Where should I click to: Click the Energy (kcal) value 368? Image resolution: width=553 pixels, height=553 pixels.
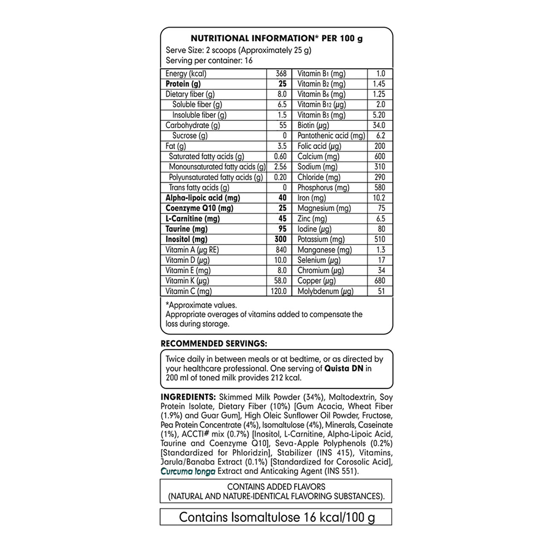[281, 74]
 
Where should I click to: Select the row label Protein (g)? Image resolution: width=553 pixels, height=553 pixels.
[183, 84]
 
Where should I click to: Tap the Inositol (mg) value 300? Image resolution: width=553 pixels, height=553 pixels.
[280, 239]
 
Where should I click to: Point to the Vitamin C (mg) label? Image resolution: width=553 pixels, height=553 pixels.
[188, 291]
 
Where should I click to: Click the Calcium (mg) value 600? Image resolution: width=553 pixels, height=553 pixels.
[379, 157]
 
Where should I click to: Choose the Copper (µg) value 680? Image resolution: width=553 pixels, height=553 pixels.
[379, 281]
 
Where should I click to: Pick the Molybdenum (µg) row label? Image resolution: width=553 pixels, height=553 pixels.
[325, 291]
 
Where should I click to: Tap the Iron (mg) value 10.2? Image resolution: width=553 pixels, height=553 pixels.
[378, 198]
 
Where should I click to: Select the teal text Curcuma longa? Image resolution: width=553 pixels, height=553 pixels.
[188, 471]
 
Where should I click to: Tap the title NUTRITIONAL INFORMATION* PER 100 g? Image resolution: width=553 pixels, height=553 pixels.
[276, 39]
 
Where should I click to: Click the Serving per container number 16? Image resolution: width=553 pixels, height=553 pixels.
[248, 61]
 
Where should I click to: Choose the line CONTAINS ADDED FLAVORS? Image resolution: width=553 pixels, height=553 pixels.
[276, 487]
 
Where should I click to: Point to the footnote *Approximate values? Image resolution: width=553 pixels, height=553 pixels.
[201, 305]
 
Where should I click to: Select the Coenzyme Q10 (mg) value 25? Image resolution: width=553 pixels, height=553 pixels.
[282, 208]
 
